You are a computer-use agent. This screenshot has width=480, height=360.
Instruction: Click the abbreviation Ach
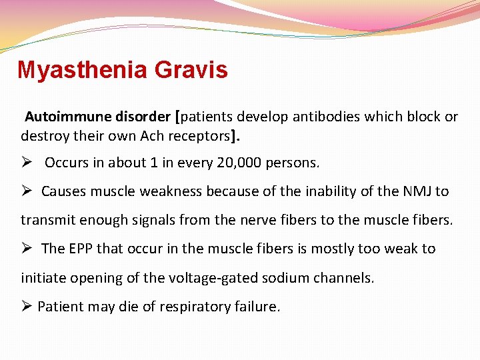click(151, 136)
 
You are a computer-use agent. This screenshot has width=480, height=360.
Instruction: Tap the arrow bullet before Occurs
click(27, 163)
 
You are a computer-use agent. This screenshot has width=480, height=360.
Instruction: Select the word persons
click(293, 163)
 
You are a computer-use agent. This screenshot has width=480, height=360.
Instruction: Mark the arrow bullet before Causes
click(27, 191)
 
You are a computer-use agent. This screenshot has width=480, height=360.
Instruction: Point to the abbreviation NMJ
click(416, 191)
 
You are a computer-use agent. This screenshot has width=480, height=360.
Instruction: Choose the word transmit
click(45, 220)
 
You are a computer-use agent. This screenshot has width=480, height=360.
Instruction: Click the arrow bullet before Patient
click(27, 307)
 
